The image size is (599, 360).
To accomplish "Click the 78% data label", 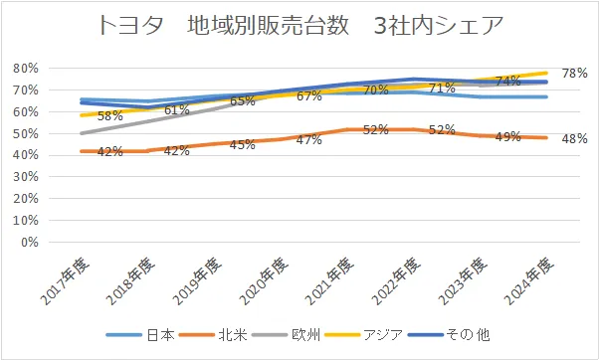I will click(x=574, y=73).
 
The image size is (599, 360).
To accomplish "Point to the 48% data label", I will click(x=574, y=138).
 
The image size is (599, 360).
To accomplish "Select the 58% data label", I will click(x=110, y=116).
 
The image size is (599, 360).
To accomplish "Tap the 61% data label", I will click(x=177, y=109).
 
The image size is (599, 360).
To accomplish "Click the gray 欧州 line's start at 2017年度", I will click(x=82, y=133).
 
